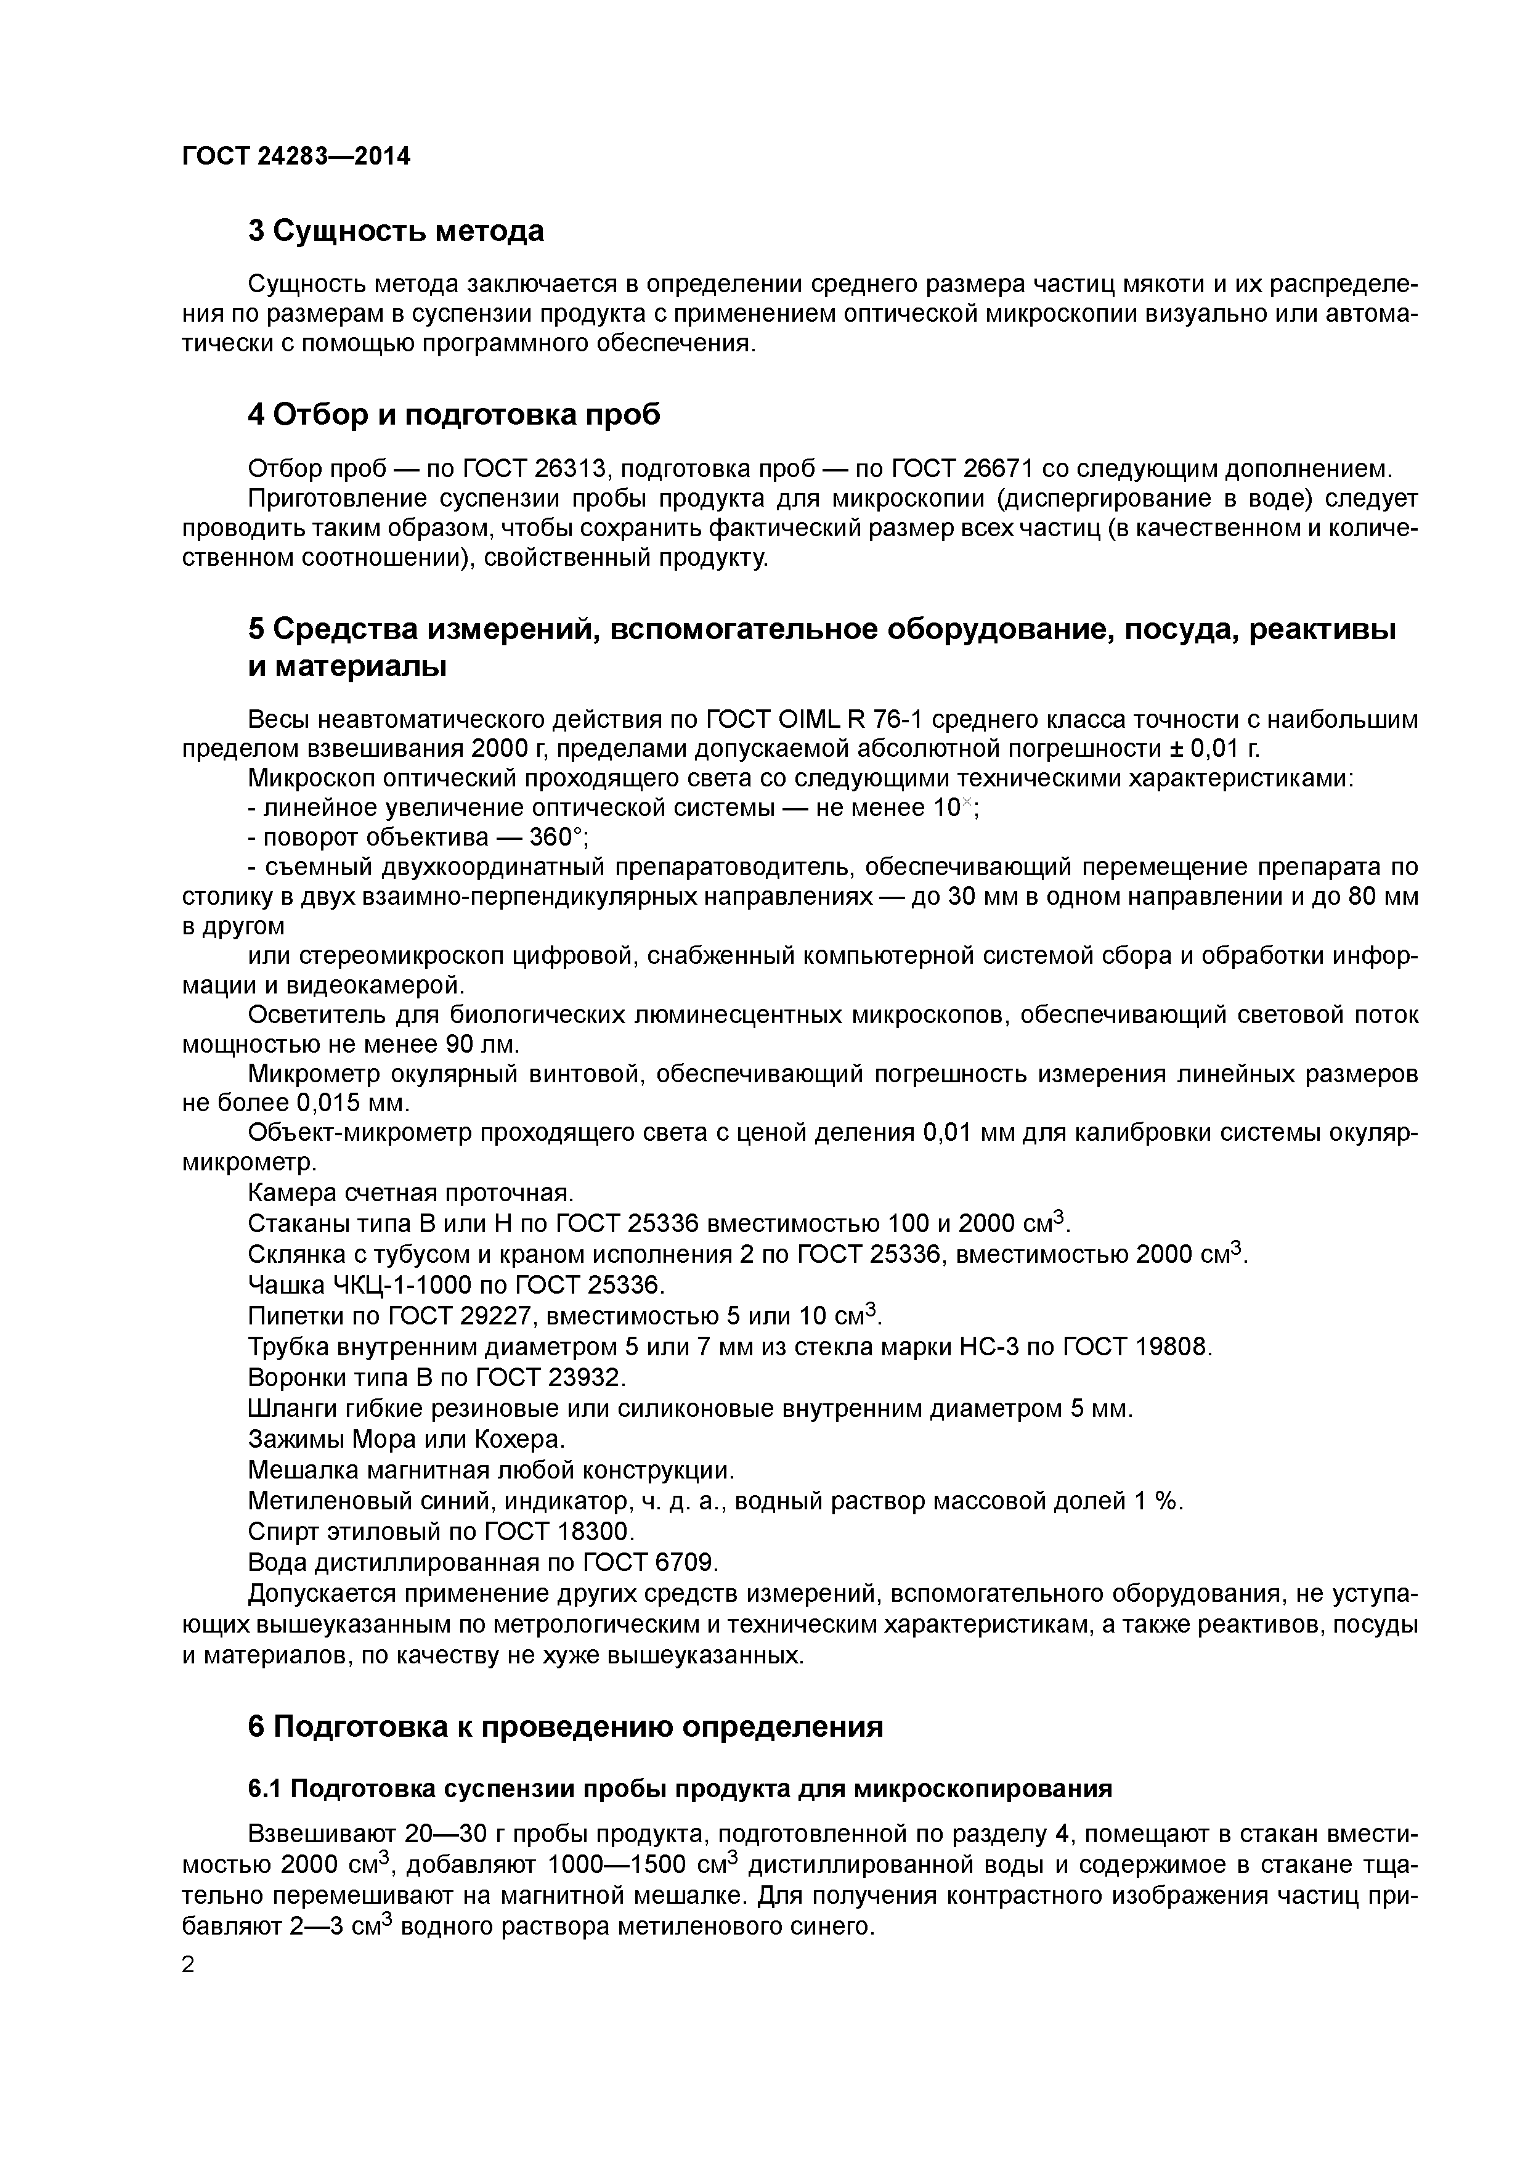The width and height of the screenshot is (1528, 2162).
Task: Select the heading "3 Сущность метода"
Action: (x=396, y=230)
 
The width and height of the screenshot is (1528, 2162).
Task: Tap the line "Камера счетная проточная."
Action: (x=410, y=1193)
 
